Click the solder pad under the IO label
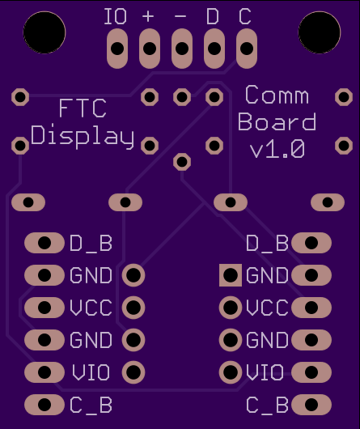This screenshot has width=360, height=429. point(117,49)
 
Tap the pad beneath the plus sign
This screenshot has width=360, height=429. point(150,49)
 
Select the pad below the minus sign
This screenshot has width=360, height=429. point(182,49)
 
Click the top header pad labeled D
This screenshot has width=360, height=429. point(214,49)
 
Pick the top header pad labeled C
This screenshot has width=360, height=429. point(246,49)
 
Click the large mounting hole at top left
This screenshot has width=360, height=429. point(44,32)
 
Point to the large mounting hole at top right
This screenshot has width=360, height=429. point(320,32)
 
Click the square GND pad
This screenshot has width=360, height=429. point(231,275)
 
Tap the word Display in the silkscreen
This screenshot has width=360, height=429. point(83,137)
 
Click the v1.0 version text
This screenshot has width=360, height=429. point(277,149)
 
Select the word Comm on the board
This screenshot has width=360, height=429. point(277,95)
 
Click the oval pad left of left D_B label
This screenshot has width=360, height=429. point(44,243)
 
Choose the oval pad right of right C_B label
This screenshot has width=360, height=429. point(311,405)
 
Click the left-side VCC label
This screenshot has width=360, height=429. point(91,308)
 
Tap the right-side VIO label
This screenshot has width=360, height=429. point(265,372)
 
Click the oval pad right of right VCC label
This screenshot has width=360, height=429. point(311,308)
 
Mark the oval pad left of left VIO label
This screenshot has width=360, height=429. point(44,372)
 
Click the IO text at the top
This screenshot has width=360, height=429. point(116,16)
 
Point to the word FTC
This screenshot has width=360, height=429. point(83,108)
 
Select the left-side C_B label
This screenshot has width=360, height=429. point(91,406)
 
